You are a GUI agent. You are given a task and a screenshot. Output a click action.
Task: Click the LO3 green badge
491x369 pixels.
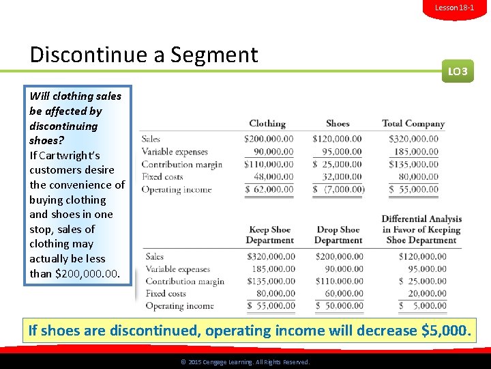click(x=458, y=71)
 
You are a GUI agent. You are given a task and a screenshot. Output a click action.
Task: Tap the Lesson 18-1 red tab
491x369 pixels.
click(x=454, y=8)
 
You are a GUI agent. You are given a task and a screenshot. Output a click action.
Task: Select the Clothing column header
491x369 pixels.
click(x=267, y=124)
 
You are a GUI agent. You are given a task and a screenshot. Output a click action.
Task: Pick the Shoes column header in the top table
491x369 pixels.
click(x=338, y=124)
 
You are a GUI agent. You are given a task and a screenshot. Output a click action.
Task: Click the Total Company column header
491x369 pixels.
click(x=413, y=124)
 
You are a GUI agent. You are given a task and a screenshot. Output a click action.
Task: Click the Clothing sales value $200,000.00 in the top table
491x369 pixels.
click(x=269, y=139)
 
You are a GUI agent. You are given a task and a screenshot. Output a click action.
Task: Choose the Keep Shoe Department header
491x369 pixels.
click(x=269, y=235)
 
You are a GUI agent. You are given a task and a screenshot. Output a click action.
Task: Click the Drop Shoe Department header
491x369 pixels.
click(x=338, y=235)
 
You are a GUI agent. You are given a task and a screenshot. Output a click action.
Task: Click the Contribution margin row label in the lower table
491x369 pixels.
click(x=184, y=282)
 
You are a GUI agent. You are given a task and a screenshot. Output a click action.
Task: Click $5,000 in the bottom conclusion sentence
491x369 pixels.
click(x=445, y=331)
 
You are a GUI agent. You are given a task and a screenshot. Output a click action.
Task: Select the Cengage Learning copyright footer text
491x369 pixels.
click(x=245, y=362)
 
